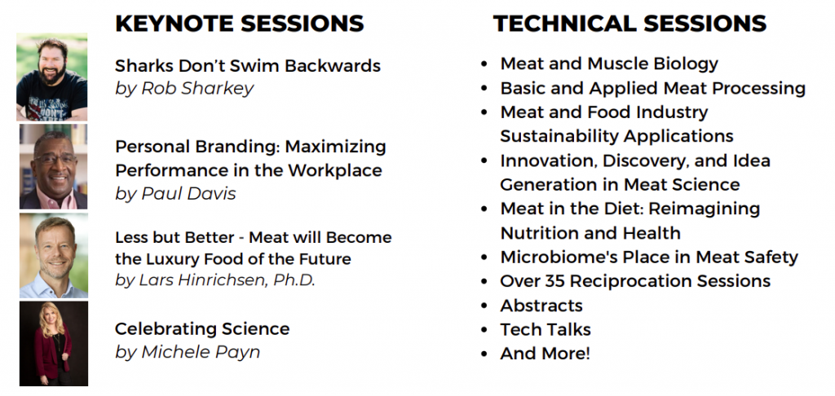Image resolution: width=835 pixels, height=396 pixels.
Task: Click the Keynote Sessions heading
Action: tap(240, 24)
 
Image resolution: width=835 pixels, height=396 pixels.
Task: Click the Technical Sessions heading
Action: tap(630, 24)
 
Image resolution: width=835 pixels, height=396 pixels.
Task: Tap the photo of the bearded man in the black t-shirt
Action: tap(52, 77)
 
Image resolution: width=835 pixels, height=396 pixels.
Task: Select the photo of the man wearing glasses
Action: tap(53, 166)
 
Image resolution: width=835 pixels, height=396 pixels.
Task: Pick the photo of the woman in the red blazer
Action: tap(54, 343)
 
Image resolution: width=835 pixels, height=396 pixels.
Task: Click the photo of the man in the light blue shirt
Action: tap(54, 256)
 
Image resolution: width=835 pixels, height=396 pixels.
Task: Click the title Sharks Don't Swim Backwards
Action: tap(248, 65)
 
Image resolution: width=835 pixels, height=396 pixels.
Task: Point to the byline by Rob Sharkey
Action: tap(184, 89)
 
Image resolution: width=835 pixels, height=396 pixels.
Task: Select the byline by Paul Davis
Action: tap(175, 194)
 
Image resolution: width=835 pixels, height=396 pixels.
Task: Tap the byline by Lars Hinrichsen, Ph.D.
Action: tap(215, 280)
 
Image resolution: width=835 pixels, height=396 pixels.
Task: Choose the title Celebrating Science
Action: tap(202, 329)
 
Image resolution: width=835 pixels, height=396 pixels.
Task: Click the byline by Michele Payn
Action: tap(188, 352)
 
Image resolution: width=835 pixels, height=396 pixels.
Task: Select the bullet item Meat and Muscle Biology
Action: tap(609, 64)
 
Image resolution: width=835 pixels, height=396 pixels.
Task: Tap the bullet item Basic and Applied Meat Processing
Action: tap(653, 88)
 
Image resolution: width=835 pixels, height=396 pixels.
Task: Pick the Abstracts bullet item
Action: tap(541, 306)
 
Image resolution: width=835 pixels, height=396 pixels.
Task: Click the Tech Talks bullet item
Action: tap(546, 329)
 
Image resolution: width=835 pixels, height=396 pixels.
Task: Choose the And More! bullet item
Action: tap(545, 354)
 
